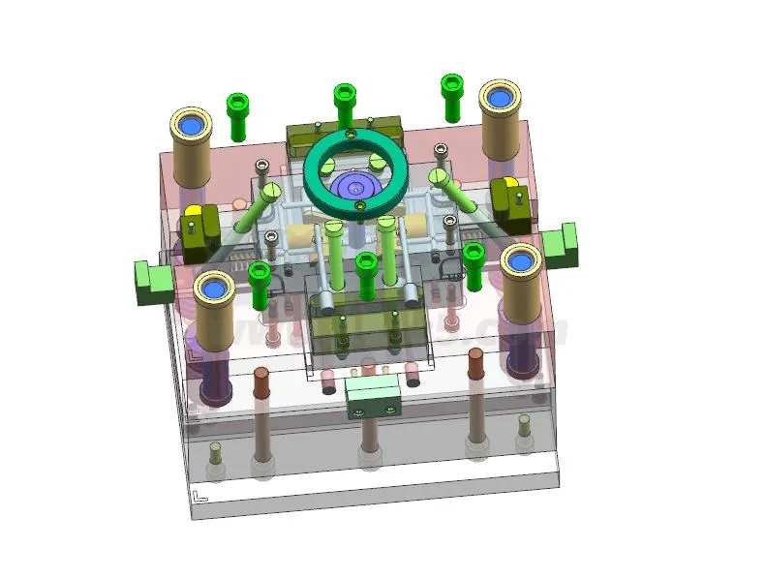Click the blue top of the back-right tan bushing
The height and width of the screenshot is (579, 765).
501,98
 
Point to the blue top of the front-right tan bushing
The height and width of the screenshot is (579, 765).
520,260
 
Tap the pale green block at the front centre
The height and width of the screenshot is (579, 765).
373,395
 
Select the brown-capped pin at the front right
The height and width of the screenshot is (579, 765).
475,363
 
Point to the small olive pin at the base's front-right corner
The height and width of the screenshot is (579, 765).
523,425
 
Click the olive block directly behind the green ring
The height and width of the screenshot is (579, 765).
344,133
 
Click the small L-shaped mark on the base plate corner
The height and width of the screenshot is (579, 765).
199,497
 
